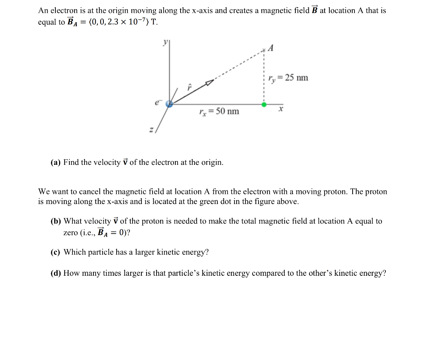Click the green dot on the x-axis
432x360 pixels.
[264, 105]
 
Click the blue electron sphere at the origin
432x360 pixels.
[169, 104]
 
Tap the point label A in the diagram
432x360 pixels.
[271, 48]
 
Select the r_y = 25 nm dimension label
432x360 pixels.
[288, 78]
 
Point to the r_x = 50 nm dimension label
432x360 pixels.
[219, 111]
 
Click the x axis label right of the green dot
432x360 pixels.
[281, 110]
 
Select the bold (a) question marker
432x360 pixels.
[56, 163]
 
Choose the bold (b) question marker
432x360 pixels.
[56, 221]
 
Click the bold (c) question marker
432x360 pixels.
[56, 252]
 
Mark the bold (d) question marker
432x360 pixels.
[56, 274]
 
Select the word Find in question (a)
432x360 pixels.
[71, 163]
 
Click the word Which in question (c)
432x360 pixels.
[75, 252]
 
